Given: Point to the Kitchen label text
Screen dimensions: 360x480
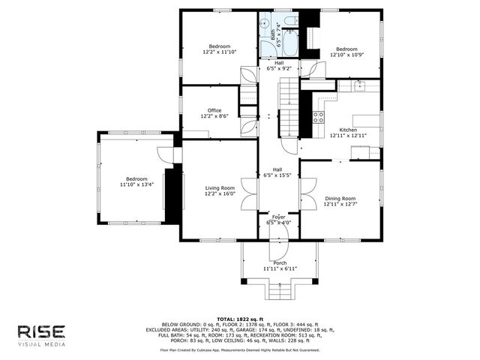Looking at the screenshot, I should pyautogui.click(x=348, y=130).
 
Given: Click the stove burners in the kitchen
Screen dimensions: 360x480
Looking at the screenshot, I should pyautogui.click(x=318, y=117).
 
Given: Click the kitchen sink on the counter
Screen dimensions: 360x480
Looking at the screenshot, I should pyautogui.click(x=359, y=85).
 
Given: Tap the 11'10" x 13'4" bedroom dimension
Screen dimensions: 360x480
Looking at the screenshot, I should pyautogui.click(x=136, y=184).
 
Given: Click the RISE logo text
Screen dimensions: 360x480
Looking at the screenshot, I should pyautogui.click(x=42, y=331).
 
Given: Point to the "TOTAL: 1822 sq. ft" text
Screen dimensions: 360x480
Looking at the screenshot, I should pyautogui.click(x=240, y=319).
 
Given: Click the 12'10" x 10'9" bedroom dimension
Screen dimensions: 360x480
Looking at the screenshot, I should pyautogui.click(x=346, y=54).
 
